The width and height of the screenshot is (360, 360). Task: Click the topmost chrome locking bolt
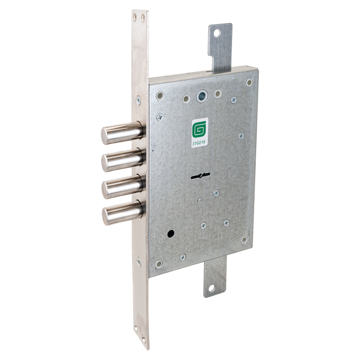[123, 133]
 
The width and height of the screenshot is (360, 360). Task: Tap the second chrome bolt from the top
[123, 160]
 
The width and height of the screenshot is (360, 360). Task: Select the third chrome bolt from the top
[124, 186]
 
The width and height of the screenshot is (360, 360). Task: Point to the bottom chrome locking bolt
[124, 212]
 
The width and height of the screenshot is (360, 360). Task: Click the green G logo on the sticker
[197, 130]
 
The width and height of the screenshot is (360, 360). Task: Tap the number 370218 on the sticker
[199, 142]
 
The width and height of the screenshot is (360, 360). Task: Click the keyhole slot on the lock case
[201, 176]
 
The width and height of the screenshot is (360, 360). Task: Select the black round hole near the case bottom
[171, 234]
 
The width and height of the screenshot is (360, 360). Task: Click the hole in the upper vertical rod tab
[217, 33]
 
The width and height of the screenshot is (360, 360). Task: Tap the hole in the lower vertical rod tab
[211, 288]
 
